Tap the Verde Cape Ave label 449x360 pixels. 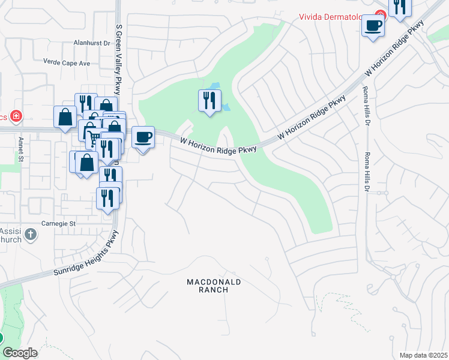[x=67, y=62]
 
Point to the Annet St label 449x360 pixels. [x=20, y=149]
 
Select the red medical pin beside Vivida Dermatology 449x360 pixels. [x=380, y=15]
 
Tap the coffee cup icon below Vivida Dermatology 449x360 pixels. [x=373, y=26]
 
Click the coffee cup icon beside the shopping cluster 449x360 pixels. [x=143, y=137]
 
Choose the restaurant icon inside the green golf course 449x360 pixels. [x=209, y=100]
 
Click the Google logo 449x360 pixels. [x=20, y=353]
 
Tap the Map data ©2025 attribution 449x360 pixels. [x=423, y=355]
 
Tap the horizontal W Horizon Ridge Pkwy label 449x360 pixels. [x=219, y=145]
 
